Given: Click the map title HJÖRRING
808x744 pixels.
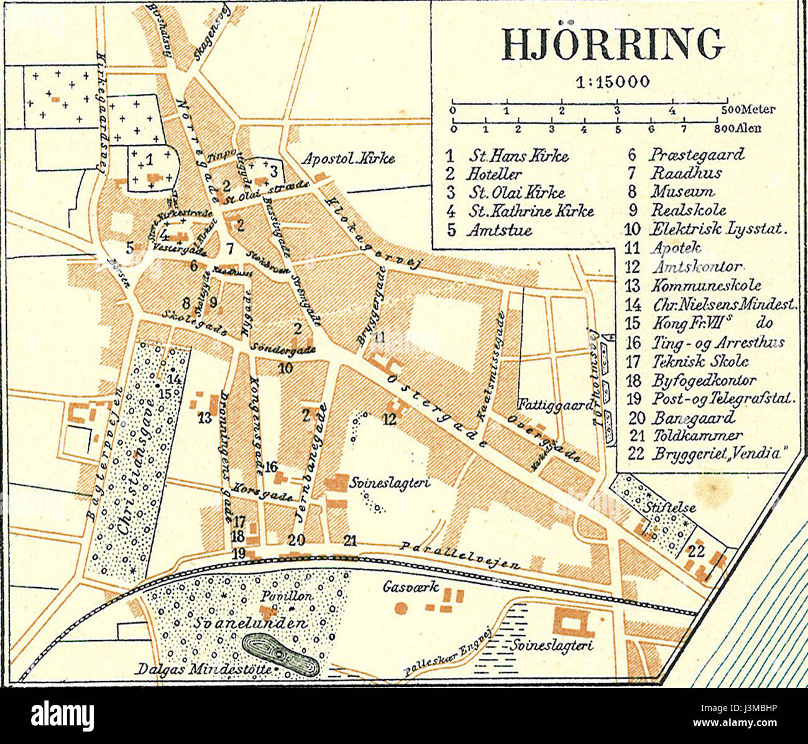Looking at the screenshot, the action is coord(613,44).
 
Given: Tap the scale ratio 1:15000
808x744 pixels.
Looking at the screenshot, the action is coord(613,81).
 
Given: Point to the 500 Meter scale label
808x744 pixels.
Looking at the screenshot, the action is coord(748,110).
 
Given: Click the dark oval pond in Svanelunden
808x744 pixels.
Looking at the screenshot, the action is coord(281,655).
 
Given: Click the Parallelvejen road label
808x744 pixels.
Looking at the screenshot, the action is coord(460,556).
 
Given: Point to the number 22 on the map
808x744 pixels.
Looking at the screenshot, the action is coord(697,551).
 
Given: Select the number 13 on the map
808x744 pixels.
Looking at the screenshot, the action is coord(205,419).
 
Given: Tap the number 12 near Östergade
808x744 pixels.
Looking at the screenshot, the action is coord(389,420).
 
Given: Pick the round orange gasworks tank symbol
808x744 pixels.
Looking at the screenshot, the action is coord(402,608).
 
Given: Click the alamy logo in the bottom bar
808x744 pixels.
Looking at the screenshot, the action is coord(62,715).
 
